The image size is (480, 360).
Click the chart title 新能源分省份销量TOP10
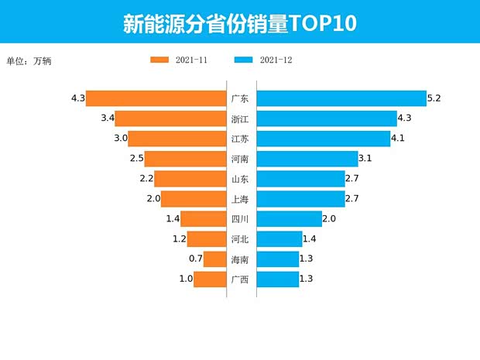click(239, 22)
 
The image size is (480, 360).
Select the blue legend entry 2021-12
click(263, 60)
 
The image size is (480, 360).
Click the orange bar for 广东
click(155, 98)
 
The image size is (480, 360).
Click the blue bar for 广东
click(341, 98)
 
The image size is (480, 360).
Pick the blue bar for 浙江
click(326, 118)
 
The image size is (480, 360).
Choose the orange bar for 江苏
click(177, 139)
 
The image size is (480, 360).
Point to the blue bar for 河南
click(307, 159)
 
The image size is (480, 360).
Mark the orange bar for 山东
click(190, 179)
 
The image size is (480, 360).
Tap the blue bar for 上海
click(300, 199)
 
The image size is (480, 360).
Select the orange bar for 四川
click(202, 219)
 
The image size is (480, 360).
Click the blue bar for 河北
click(279, 239)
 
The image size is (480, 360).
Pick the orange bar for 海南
click(214, 259)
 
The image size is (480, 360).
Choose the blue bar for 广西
click(278, 279)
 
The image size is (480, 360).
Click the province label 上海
click(240, 199)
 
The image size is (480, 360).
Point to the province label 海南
click(240, 259)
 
